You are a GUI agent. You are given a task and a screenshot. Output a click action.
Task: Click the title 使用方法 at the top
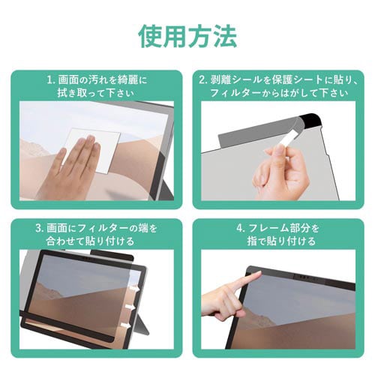coord(187,34)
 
